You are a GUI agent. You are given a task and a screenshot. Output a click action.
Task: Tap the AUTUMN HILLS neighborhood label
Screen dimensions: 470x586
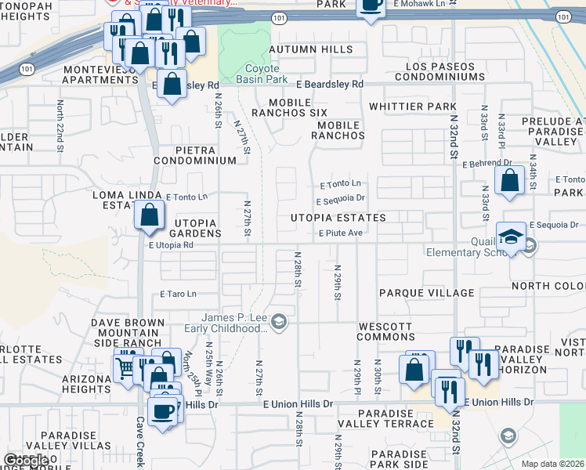(310, 49)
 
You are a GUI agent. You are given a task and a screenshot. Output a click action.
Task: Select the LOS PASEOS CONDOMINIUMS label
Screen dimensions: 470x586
(439, 71)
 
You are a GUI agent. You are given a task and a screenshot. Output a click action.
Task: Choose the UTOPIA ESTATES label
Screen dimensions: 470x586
(338, 218)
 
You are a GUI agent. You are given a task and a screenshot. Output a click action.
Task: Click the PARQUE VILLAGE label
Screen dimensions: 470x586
(427, 293)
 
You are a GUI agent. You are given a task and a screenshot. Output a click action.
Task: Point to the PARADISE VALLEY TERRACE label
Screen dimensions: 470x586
(395, 418)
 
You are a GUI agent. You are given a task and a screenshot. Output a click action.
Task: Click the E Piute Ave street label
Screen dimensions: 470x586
(340, 233)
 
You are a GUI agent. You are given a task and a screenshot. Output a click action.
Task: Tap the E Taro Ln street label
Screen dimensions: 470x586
(178, 295)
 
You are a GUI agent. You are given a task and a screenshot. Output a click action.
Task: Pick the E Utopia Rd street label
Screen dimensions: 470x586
(171, 245)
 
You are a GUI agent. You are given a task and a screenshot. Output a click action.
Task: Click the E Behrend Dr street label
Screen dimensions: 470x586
(487, 164)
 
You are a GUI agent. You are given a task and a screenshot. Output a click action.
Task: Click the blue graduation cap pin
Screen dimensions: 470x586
(511, 236)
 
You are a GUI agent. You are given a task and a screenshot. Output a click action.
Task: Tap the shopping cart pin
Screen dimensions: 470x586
(125, 367)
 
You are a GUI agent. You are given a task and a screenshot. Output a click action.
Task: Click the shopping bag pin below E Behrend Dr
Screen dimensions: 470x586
(509, 179)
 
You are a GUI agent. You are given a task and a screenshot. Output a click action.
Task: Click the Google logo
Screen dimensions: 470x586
(25, 461)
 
